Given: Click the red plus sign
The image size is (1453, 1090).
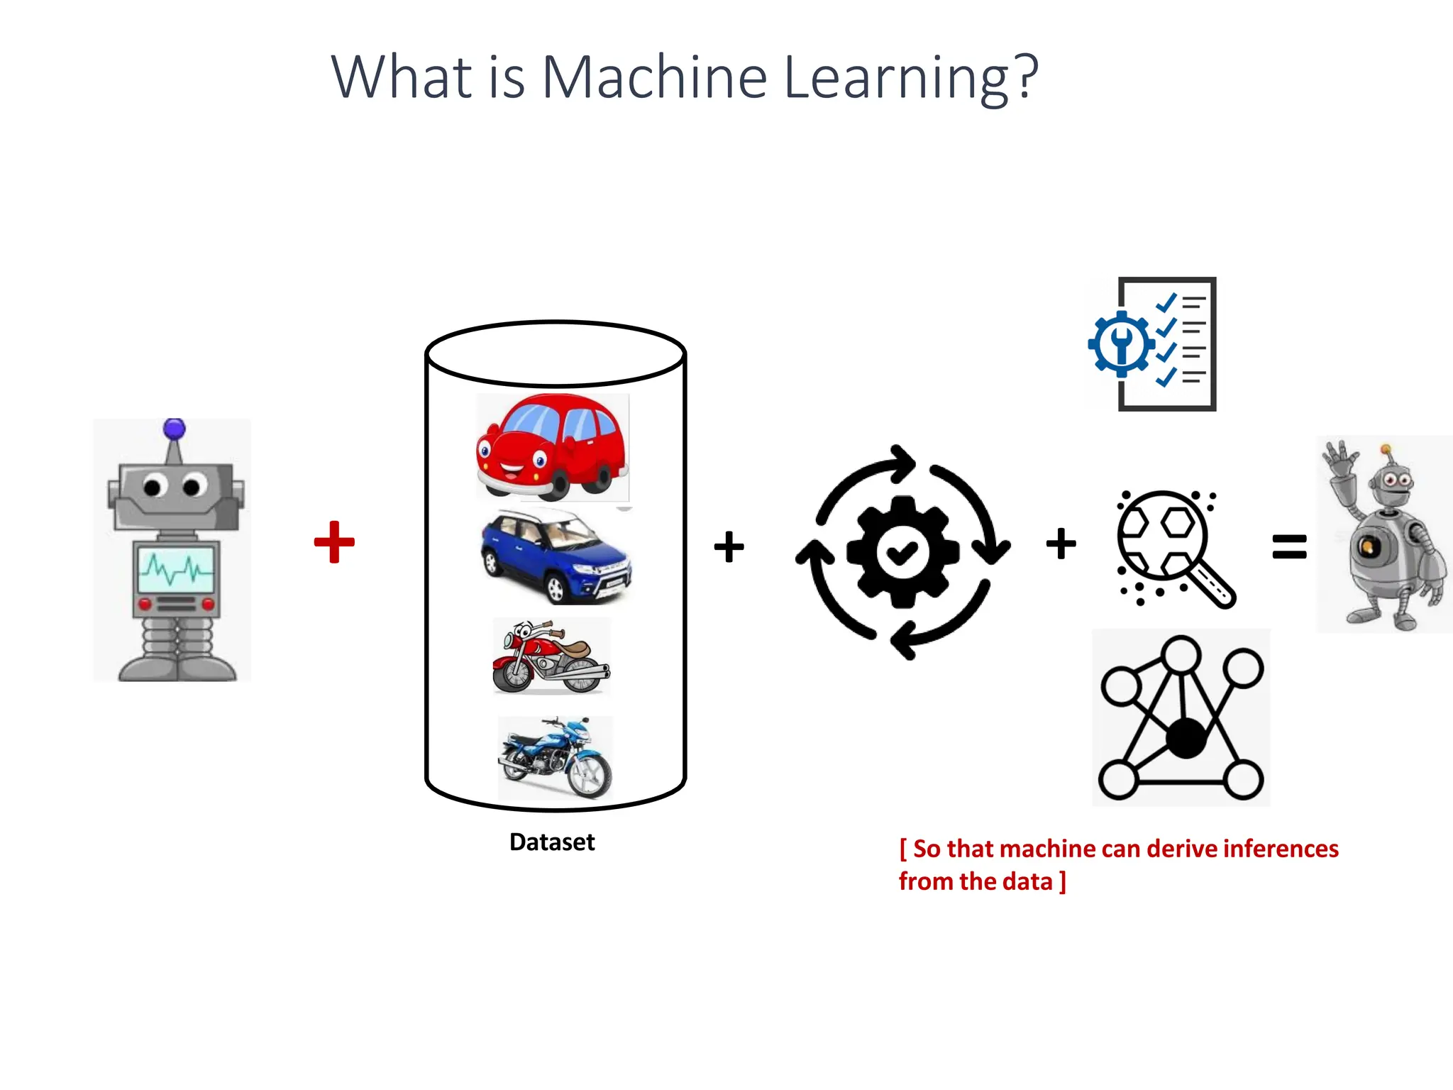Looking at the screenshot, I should click(x=334, y=542).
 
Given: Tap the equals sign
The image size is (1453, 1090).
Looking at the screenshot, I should click(x=1289, y=546).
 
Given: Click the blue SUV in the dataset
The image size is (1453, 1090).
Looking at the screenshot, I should click(x=556, y=556).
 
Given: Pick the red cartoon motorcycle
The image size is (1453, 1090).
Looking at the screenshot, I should click(x=551, y=656).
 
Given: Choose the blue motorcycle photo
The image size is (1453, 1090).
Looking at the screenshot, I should click(x=555, y=758).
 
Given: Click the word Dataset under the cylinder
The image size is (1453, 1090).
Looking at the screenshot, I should click(x=552, y=842).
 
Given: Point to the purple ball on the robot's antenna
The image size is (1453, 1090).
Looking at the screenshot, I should click(x=174, y=429).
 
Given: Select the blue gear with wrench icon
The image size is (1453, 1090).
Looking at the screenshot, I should click(x=1121, y=344).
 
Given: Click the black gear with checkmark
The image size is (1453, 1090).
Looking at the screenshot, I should click(x=902, y=551).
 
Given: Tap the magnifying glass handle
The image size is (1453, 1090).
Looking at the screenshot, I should click(x=1214, y=586).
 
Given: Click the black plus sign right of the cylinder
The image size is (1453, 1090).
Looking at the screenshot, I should click(x=729, y=546).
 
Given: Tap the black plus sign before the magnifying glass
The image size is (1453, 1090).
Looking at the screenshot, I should click(x=1061, y=544).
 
